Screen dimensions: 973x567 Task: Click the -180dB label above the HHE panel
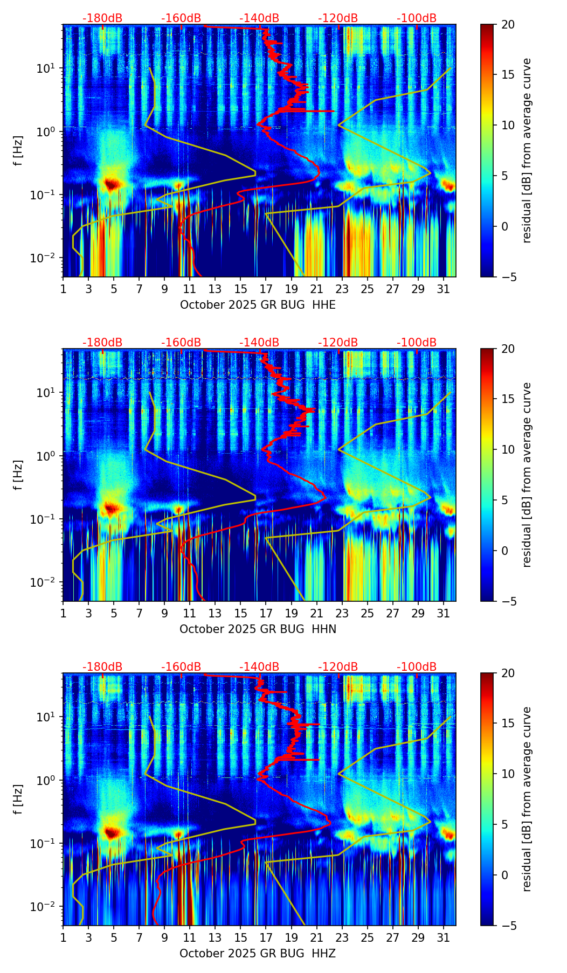102,18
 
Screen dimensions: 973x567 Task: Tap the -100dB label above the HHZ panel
417,667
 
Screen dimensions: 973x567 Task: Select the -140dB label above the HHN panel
259,343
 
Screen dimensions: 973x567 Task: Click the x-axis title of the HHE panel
258,305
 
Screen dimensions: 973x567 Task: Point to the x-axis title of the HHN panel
258,629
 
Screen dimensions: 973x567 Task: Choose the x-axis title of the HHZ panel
258,954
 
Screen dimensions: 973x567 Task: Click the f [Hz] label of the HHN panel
18,475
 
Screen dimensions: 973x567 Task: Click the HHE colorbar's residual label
527,150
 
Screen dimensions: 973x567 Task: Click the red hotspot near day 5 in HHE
112,184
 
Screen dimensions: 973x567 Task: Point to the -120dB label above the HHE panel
338,18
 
